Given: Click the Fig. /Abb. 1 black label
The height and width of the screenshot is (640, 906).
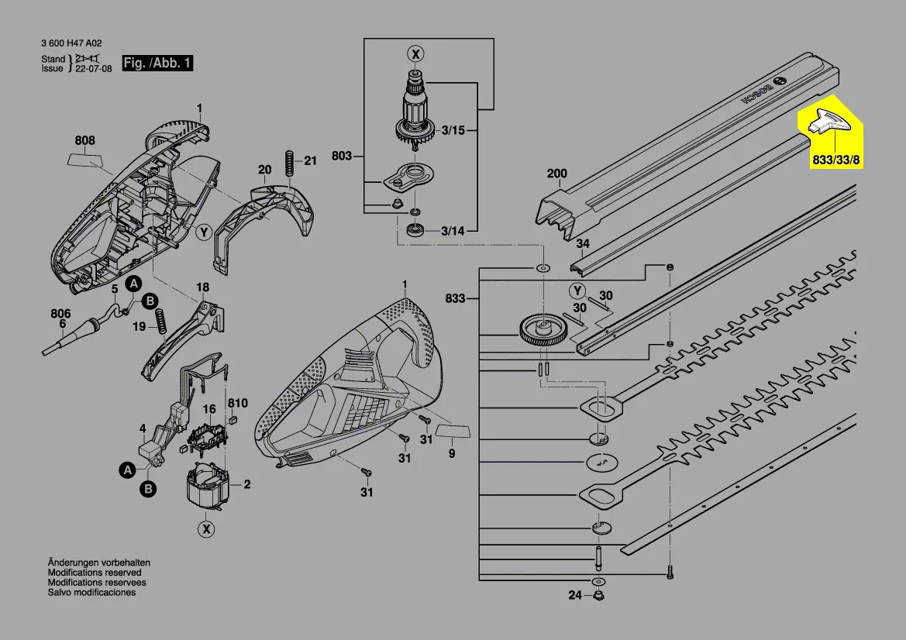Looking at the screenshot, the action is (x=157, y=63).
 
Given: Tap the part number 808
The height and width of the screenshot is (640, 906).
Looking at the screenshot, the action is (x=85, y=140).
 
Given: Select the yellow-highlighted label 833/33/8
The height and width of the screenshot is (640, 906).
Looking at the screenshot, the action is (x=836, y=160).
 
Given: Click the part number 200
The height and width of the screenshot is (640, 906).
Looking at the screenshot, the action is (x=557, y=174).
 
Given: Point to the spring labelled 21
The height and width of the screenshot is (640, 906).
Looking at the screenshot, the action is (x=290, y=163).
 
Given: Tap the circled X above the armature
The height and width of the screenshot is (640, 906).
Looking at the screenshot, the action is (x=415, y=54).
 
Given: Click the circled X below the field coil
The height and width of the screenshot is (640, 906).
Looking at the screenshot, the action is (x=205, y=529).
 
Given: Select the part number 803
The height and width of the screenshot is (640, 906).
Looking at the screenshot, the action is (x=342, y=156).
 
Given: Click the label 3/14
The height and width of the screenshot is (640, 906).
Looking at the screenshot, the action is (x=453, y=231).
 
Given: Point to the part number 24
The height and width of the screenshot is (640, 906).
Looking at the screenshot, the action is (x=575, y=595).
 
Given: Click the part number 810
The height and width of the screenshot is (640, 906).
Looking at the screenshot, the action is (x=237, y=403).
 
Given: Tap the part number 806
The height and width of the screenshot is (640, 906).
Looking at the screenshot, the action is (x=60, y=314).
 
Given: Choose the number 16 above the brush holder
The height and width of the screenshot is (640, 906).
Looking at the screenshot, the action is (x=208, y=409).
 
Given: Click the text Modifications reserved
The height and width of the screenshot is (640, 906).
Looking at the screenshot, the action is (x=95, y=573).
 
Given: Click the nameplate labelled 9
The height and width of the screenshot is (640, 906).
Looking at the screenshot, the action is (x=453, y=431).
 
